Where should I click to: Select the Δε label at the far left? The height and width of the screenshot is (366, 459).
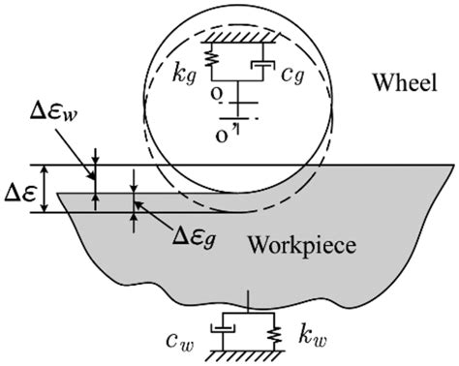coord(21,188)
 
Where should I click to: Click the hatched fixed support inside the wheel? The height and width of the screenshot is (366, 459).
coord(238,36)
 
